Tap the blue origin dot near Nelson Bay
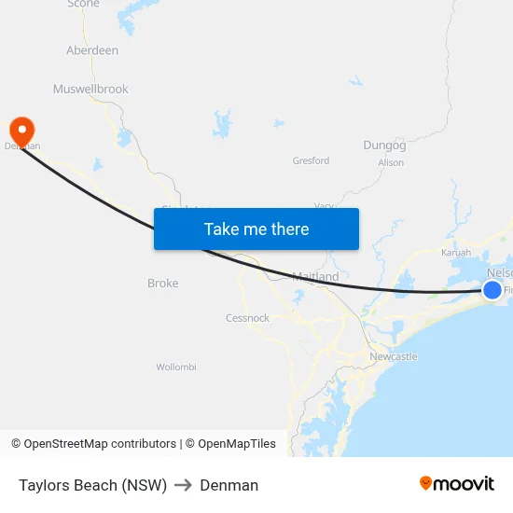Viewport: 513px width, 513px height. pyautogui.click(x=492, y=290)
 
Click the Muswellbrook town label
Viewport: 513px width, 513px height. pyautogui.click(x=90, y=90)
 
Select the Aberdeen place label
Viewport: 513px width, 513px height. pyautogui.click(x=92, y=50)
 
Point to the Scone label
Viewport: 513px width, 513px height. pyautogui.click(x=83, y=5)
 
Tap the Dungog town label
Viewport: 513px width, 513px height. pyautogui.click(x=384, y=146)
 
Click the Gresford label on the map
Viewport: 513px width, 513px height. pyautogui.click(x=311, y=160)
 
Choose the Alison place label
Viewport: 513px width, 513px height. pyautogui.click(x=391, y=163)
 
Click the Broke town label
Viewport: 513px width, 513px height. pyautogui.click(x=162, y=284)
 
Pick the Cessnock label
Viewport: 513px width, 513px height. pyautogui.click(x=247, y=318)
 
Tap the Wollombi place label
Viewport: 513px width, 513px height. pyautogui.click(x=176, y=367)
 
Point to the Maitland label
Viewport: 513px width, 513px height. pyautogui.click(x=315, y=277)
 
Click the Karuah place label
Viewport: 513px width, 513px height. pyautogui.click(x=456, y=253)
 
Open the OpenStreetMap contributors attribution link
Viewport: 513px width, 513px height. pyautogui.click(x=100, y=444)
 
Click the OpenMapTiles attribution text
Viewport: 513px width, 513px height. pyautogui.click(x=237, y=444)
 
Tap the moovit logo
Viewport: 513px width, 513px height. pyautogui.click(x=457, y=483)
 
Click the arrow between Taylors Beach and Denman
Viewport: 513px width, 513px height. pyautogui.click(x=184, y=485)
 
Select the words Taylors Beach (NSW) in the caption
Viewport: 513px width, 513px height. pyautogui.click(x=92, y=485)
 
